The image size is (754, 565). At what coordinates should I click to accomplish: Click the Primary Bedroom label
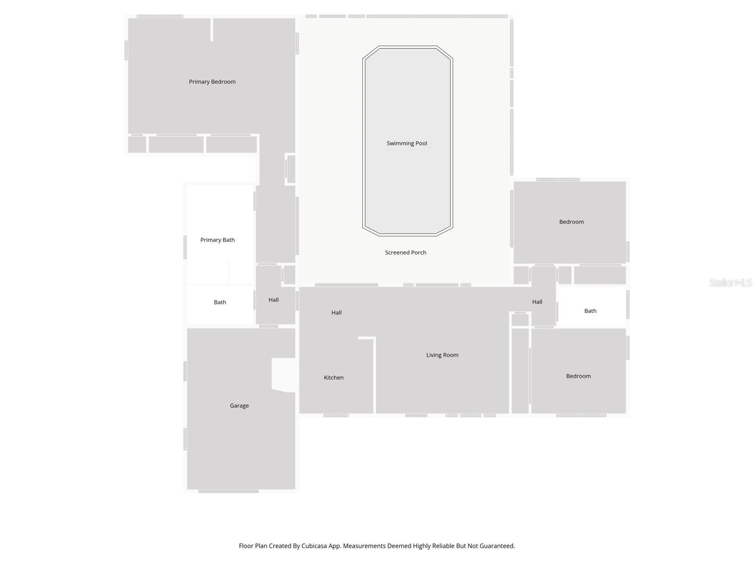[212, 82]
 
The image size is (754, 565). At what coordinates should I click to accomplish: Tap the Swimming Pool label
[407, 144]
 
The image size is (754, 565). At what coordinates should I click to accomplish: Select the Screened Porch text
[405, 253]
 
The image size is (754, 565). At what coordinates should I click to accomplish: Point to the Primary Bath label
[217, 240]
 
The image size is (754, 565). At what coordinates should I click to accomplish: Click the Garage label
[239, 406]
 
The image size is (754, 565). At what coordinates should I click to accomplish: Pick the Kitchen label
[334, 378]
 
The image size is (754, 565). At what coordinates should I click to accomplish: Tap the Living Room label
[442, 355]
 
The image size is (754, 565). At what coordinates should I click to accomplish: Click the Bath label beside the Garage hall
[220, 302]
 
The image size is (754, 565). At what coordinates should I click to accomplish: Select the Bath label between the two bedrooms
[590, 311]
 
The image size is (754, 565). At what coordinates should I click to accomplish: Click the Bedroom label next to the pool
[571, 222]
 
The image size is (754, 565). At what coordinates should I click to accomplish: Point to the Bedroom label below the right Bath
[578, 376]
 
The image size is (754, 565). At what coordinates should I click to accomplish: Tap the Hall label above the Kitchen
[336, 313]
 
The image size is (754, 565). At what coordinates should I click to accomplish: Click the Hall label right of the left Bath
[273, 300]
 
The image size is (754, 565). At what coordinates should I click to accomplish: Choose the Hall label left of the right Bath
[537, 302]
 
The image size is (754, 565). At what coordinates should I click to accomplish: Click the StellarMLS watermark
[730, 283]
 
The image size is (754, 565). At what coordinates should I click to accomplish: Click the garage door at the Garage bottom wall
[229, 492]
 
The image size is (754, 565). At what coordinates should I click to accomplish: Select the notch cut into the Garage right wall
[284, 375]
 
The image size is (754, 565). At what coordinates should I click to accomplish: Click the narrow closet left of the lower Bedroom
[520, 371]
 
